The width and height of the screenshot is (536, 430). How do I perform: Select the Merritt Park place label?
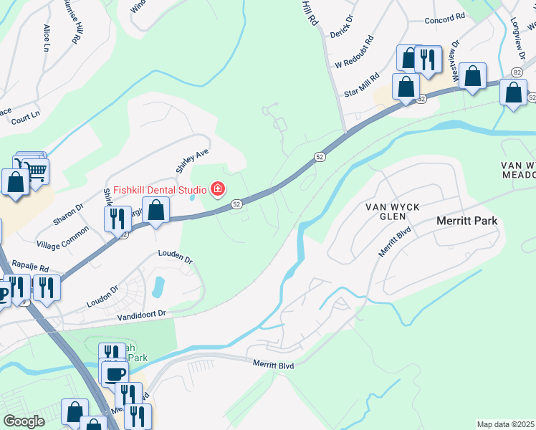coord(466,221)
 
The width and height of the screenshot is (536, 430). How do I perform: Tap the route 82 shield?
coord(517,72)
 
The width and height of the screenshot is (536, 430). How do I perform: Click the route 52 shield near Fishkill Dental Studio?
coord(236,204)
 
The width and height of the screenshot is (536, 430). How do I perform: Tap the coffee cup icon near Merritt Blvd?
coord(115,373)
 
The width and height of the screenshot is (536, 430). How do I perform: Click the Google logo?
coord(24,421)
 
